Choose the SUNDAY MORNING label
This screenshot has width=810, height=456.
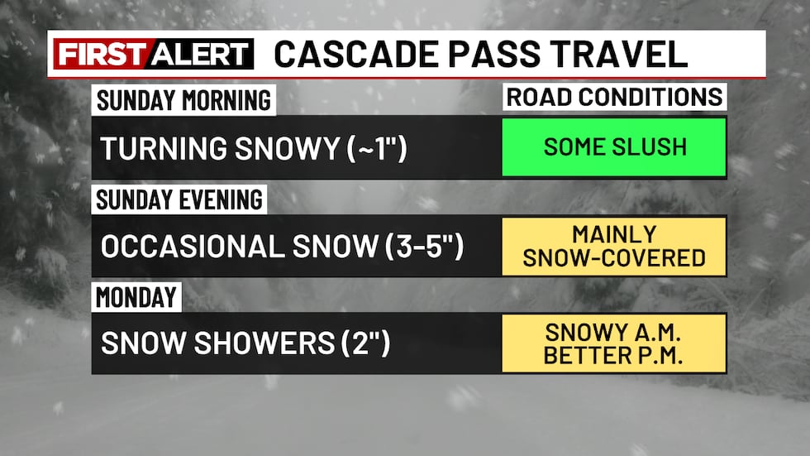click(x=183, y=100)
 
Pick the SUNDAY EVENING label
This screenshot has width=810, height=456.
click(x=179, y=199)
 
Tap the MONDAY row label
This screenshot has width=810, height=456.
click(x=136, y=296)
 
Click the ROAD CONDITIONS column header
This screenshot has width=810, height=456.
click(x=614, y=97)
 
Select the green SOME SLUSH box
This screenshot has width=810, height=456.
click(x=614, y=147)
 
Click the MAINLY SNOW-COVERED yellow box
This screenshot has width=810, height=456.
click(x=614, y=246)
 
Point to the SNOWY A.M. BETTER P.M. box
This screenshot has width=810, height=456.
click(x=614, y=343)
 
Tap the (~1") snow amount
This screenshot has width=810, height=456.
click(x=374, y=149)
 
